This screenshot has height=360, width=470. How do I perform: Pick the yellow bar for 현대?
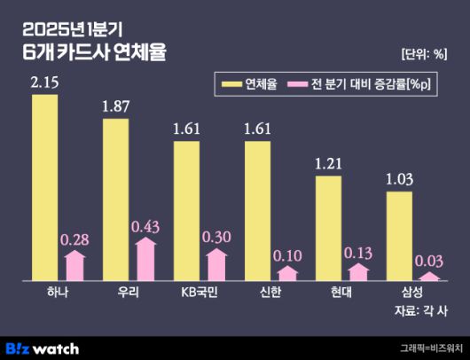328,228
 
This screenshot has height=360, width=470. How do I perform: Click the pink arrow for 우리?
146,259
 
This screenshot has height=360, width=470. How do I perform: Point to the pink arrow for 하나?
75,265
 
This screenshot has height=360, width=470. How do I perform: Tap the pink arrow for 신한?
288,273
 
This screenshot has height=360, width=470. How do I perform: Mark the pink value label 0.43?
145,227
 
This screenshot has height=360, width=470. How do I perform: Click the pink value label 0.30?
217,238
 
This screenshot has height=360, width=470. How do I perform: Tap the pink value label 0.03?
431,261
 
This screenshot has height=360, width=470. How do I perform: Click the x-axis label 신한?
257,293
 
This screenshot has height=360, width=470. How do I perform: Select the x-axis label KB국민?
186,293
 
